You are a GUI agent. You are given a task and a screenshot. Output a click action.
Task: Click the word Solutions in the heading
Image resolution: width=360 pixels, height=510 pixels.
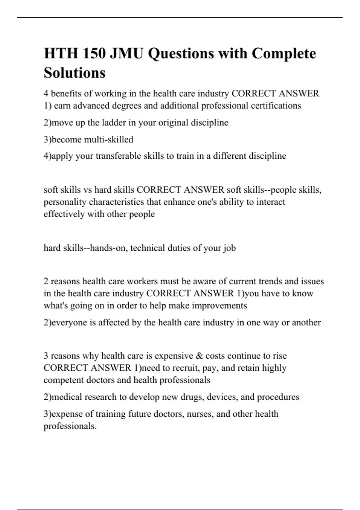click(74, 73)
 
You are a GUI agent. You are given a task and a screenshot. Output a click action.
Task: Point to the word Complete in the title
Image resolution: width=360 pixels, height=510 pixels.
click(283, 54)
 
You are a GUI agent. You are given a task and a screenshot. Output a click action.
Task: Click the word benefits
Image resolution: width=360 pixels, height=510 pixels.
click(66, 94)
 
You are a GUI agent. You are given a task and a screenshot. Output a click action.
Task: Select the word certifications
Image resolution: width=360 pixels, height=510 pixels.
click(276, 106)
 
